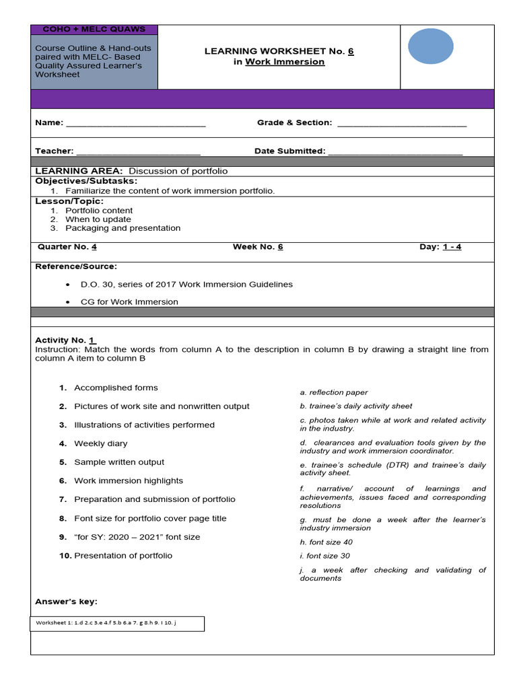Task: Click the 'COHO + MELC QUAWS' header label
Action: pos(94,30)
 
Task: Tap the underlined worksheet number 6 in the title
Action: pos(351,51)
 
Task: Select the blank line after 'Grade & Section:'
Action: pos(401,123)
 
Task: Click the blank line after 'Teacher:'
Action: pos(138,151)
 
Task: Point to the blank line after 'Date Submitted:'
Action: pos(395,151)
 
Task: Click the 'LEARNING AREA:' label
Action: pos(79,171)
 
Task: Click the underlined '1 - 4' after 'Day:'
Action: pos(452,247)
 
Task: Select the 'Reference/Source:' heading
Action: pos(76,266)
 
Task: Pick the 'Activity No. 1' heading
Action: pos(65,340)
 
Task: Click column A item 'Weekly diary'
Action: pos(100,443)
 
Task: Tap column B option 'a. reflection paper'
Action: pos(334,392)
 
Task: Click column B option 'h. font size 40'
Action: pos(326,542)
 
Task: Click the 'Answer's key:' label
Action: pos(66,601)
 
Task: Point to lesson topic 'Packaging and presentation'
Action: pos(123,228)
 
